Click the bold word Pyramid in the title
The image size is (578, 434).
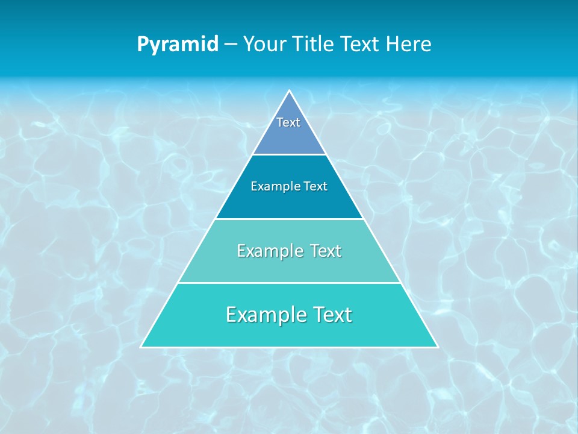[x=178, y=45]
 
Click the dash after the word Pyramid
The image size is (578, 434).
[x=231, y=45]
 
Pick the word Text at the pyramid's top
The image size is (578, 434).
[x=288, y=122]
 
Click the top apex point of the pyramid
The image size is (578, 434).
[x=290, y=91]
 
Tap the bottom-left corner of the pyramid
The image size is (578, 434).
[x=141, y=347]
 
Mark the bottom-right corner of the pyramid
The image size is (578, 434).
[x=437, y=347]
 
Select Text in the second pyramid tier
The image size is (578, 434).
[x=315, y=186]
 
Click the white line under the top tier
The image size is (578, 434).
[x=289, y=154]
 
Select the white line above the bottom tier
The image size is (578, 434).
[x=289, y=283]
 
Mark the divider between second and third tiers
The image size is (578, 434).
[x=289, y=219]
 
